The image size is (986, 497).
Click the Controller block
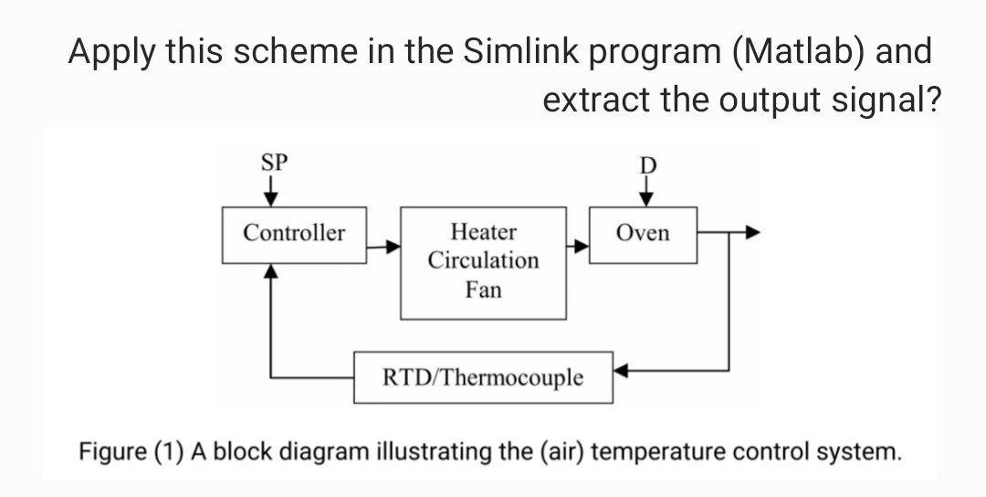pyautogui.click(x=294, y=235)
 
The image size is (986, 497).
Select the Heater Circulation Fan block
pyautogui.click(x=483, y=262)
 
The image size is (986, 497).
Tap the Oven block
pyautogui.click(x=643, y=235)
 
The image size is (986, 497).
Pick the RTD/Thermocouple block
pyautogui.click(x=483, y=377)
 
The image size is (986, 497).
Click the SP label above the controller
pyautogui.click(x=274, y=164)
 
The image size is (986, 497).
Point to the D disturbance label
pyautogui.click(x=647, y=166)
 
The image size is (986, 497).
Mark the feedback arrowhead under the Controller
pyautogui.click(x=270, y=270)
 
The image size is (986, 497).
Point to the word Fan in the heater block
pyautogui.click(x=483, y=291)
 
